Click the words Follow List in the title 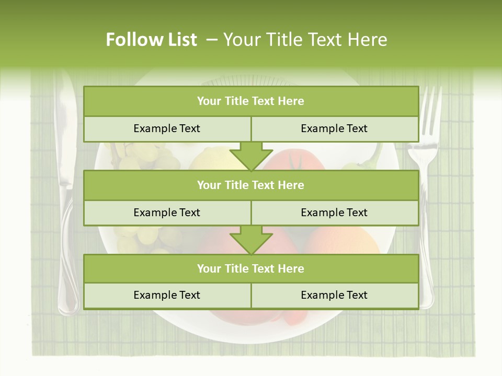(x=152, y=40)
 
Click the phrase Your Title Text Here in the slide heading (x=305, y=40)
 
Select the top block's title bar (x=251, y=101)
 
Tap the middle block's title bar (x=251, y=185)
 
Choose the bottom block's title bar (x=251, y=268)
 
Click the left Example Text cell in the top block (x=167, y=128)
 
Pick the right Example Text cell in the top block (x=335, y=128)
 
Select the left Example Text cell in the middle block (x=167, y=213)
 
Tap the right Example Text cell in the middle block (x=335, y=213)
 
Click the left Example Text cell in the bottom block (x=167, y=295)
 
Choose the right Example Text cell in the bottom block (x=335, y=295)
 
